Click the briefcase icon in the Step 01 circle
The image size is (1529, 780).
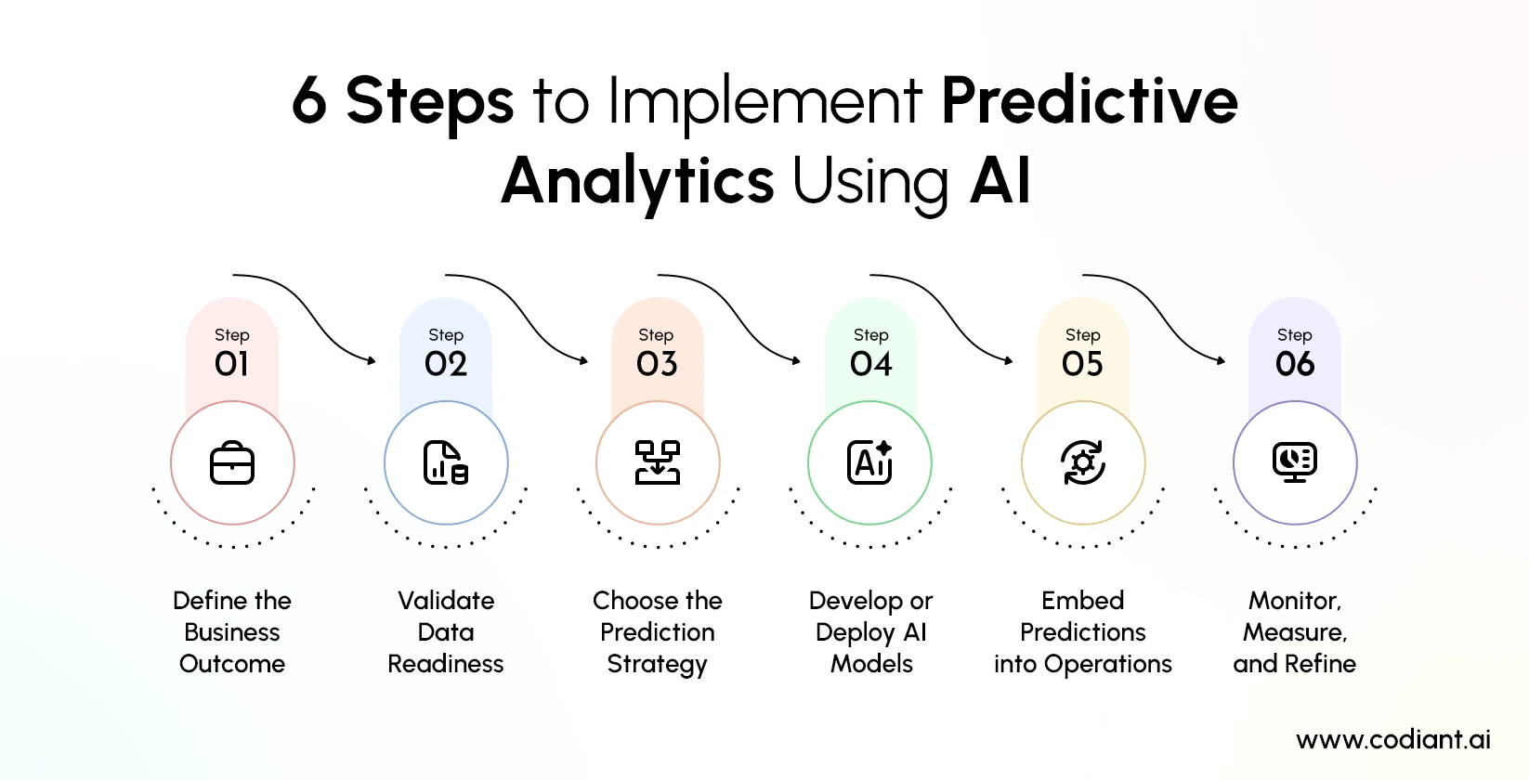point(232,462)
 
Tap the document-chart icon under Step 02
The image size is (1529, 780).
point(446,462)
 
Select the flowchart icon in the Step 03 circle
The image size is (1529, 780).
point(658,462)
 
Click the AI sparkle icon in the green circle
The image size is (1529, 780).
point(870,461)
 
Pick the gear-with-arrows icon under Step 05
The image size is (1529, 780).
point(1083,462)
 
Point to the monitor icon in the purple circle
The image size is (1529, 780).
point(1295,461)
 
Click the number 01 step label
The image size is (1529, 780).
point(232,364)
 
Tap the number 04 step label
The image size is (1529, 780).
point(871,364)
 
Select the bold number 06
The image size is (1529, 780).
point(1295,364)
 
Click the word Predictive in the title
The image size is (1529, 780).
point(1090,100)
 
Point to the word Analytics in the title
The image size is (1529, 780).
point(638,180)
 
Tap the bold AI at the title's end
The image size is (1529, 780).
point(1000,180)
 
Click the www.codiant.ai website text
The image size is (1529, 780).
point(1393,739)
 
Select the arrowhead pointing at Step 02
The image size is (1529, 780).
point(372,360)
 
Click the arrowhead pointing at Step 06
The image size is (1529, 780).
point(1222,360)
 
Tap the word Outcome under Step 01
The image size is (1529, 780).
point(232,664)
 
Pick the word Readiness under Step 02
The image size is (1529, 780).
point(446,664)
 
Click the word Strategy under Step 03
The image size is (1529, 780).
point(658,665)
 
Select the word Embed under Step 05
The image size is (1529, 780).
point(1083,601)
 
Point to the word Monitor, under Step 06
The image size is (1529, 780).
point(1295,601)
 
